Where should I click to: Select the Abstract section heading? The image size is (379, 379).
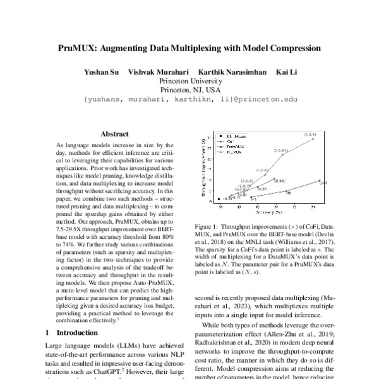click(x=114, y=134)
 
